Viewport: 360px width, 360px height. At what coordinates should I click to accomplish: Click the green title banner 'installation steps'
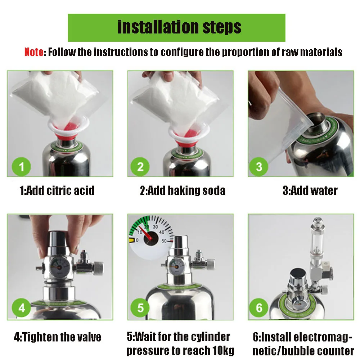click(x=176, y=28)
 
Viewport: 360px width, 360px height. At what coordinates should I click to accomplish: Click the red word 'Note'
click(x=34, y=52)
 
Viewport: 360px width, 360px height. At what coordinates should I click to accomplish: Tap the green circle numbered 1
click(x=21, y=167)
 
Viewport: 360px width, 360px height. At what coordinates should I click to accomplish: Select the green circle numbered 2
click(x=140, y=167)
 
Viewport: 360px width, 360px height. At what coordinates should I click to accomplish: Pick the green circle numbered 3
click(x=259, y=167)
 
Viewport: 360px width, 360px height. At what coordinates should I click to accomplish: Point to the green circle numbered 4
click(x=21, y=308)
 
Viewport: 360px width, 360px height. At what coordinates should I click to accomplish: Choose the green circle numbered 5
click(x=140, y=308)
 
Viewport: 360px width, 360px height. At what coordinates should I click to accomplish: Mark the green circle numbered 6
click(x=259, y=308)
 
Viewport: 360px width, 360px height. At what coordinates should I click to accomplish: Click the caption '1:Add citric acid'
click(x=57, y=190)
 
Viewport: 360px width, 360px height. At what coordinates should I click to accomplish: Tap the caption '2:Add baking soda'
click(x=183, y=190)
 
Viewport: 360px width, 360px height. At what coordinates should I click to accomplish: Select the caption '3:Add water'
click(x=310, y=190)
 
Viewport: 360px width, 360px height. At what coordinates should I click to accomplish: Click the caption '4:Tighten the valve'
click(x=57, y=337)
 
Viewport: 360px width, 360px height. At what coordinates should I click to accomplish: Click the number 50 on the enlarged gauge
click(x=164, y=241)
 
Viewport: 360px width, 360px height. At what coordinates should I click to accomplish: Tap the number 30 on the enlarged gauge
click(x=155, y=227)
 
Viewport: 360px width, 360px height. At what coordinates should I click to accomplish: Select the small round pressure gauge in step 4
click(x=59, y=266)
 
